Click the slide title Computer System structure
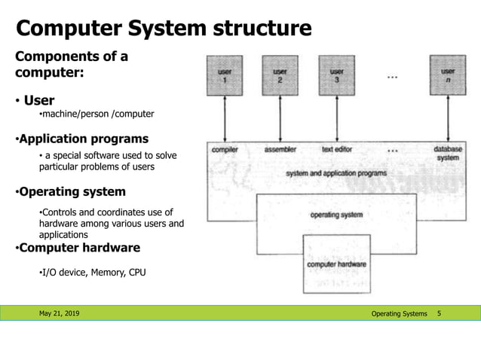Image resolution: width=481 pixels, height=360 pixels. coord(164,29)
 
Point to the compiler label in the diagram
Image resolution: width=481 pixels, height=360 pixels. coord(225,149)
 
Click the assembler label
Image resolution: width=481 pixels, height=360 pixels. coord(280,149)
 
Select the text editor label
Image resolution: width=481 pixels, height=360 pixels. coord(338,149)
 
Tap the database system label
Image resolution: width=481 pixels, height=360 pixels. coord(447,154)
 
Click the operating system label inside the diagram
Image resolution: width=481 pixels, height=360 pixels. coord(336,215)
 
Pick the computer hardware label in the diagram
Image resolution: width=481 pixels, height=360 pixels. coord(336,264)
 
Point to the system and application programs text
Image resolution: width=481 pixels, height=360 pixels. coord(336,173)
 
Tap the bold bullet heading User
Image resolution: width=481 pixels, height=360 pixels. coord(39,100)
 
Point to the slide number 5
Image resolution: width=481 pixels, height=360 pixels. coord(440,313)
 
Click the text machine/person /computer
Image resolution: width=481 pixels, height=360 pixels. coord(97,114)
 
